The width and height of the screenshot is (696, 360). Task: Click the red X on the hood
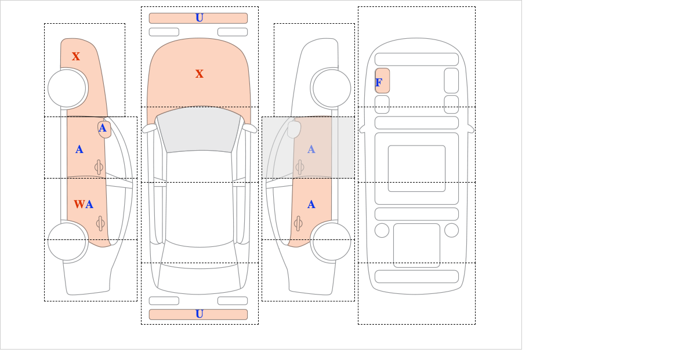click(x=200, y=74)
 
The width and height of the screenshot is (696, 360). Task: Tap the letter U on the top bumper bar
click(x=200, y=18)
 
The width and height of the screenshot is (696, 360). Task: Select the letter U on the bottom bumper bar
click(x=200, y=314)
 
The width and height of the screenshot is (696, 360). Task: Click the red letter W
click(x=79, y=205)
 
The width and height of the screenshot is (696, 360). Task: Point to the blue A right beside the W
click(x=89, y=205)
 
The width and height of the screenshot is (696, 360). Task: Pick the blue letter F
click(x=379, y=83)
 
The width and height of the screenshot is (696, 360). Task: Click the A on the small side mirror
click(x=103, y=128)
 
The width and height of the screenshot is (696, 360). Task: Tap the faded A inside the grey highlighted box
click(x=311, y=150)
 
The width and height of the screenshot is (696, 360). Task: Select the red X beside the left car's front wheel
click(x=76, y=57)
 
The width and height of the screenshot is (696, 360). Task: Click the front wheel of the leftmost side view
click(x=67, y=88)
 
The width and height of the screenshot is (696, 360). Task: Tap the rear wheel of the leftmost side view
click(x=67, y=241)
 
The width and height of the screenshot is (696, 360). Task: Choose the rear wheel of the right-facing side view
click(x=331, y=241)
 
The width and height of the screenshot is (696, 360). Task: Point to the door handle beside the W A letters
click(x=100, y=223)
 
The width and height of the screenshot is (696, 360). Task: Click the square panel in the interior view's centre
click(x=416, y=168)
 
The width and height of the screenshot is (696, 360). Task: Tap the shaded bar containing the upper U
click(x=174, y=18)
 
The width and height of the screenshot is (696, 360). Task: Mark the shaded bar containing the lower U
click(x=174, y=314)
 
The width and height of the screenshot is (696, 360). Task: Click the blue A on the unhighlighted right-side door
click(x=311, y=205)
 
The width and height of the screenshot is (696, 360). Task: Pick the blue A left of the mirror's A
click(x=79, y=150)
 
